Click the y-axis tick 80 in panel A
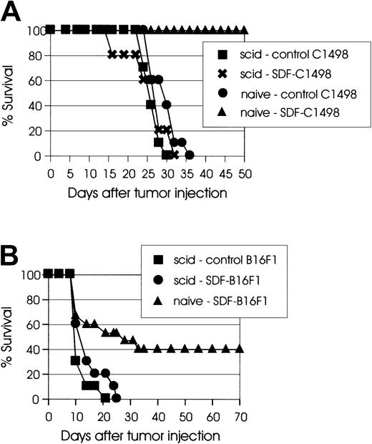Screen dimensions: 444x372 (x=34, y=55)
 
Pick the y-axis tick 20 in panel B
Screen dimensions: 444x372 (x=34, y=375)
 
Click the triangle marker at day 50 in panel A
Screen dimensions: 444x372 (x=244, y=30)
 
